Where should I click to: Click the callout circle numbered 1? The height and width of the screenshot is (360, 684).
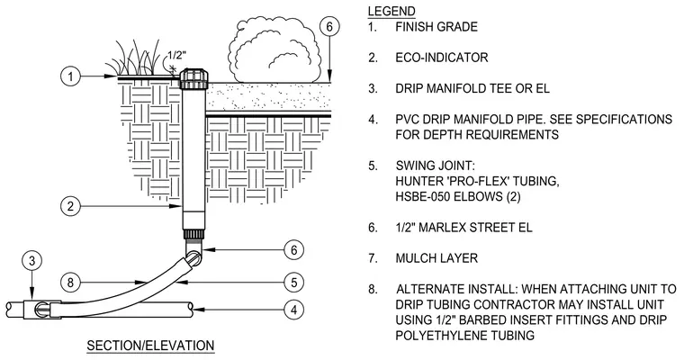point(71,76)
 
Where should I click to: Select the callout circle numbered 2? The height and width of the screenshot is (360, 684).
point(71,206)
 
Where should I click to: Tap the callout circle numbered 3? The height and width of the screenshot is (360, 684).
point(31,261)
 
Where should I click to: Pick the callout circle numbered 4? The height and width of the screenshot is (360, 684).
point(294,310)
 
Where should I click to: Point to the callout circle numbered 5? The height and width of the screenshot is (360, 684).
point(294,282)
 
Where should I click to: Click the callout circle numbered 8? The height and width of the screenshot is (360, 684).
point(71,283)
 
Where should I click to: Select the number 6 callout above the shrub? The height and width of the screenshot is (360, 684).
point(329,27)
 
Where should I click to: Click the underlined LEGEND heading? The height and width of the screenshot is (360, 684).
point(391,11)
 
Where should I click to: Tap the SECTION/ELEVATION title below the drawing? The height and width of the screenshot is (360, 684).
point(150,346)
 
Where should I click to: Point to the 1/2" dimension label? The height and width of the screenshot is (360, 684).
point(177,56)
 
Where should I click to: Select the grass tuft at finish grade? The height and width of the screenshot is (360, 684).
point(135,58)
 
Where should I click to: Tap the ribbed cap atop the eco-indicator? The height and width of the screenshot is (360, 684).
point(193,78)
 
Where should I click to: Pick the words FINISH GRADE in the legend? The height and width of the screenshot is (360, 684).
point(436,27)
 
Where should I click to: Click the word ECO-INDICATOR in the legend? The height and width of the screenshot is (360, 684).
point(442,58)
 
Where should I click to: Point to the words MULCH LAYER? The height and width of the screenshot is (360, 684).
point(436,258)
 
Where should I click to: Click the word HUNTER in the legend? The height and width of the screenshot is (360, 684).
point(418,181)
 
